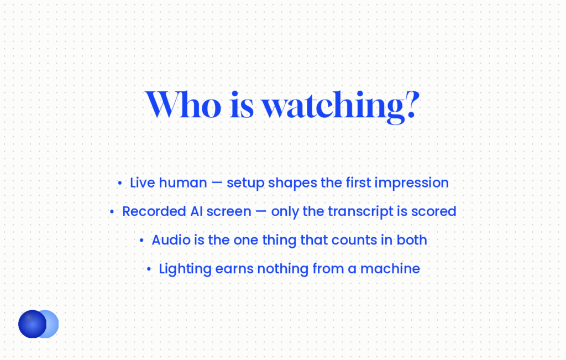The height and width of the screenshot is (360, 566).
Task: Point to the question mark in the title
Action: point(412,105)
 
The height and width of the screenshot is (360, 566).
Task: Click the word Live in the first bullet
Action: point(142,182)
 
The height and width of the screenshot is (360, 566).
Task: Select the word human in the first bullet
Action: point(183,182)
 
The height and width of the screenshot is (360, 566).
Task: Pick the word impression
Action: point(411,183)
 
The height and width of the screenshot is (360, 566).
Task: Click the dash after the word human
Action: point(217,183)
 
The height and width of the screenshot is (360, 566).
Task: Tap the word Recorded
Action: point(155,212)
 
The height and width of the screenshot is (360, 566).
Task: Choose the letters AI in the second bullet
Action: point(196,212)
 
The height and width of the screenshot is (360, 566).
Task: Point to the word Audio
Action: point(171,240)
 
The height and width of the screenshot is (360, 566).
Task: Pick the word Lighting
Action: point(185,269)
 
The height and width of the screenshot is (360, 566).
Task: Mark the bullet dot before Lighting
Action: point(149,269)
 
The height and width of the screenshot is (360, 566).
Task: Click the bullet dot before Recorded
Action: point(112,212)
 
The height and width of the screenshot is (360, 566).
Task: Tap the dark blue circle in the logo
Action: point(33,324)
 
